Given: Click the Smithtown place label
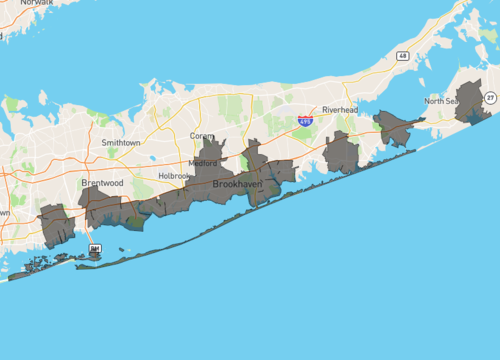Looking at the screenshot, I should [121, 143].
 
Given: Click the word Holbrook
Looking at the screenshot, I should [174, 175].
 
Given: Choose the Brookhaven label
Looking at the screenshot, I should [237, 184].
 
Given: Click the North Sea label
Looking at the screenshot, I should [441, 101].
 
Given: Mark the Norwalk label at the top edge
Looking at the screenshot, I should [37, 3].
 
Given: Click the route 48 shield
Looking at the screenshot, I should [401, 55].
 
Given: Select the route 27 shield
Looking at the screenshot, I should [491, 97].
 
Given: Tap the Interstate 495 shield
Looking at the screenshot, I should [305, 120].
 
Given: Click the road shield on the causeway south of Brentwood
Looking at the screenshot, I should [95, 248].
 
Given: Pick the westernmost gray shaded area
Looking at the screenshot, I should [56, 225].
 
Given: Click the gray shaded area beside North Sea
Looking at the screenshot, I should [470, 102].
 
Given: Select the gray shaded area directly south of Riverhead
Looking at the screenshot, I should [341, 153].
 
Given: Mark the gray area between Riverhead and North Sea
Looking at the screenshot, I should [395, 129].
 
